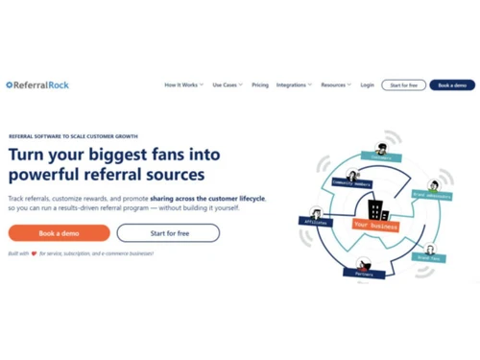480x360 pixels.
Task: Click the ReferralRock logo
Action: [37, 84]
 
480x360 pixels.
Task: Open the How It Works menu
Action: [182, 84]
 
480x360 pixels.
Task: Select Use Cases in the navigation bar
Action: [227, 84]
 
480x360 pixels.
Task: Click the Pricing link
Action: [260, 84]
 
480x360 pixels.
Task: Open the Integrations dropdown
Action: [293, 84]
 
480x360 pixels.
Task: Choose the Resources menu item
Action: [335, 84]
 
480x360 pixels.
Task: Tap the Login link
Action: [368, 84]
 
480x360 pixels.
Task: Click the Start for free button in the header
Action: [403, 84]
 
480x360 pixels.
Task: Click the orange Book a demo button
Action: [59, 232]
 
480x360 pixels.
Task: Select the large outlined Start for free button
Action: [168, 232]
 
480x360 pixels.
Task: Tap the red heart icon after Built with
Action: [34, 253]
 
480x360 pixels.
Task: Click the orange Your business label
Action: [375, 225]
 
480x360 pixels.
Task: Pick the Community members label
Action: [352, 182]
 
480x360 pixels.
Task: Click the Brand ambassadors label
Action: [432, 194]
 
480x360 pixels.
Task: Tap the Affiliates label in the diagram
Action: [316, 221]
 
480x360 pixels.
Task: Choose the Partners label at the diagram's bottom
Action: [364, 273]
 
